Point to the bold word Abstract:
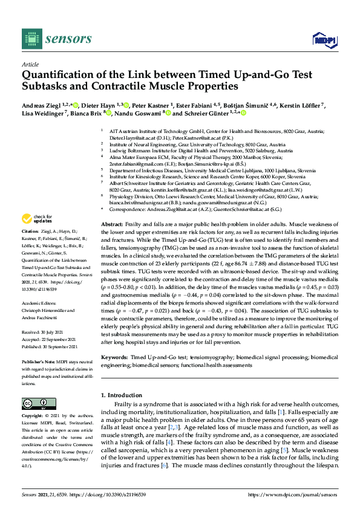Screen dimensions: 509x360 pos(112,224)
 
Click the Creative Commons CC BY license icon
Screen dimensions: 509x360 pos(34,403)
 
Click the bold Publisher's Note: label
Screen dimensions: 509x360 pos(38,355)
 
